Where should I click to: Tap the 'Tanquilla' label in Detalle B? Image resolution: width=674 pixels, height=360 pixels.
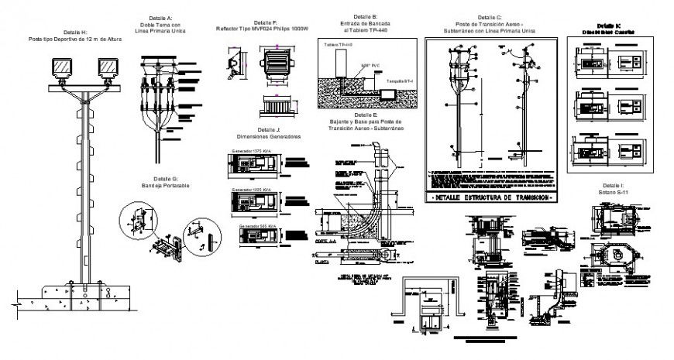point(400,81)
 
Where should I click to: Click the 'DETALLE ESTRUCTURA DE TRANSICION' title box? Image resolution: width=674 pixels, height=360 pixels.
point(490,198)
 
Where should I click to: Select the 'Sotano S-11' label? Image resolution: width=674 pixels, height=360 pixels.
point(613,193)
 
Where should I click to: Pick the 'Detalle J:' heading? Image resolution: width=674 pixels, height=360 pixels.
point(267,129)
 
